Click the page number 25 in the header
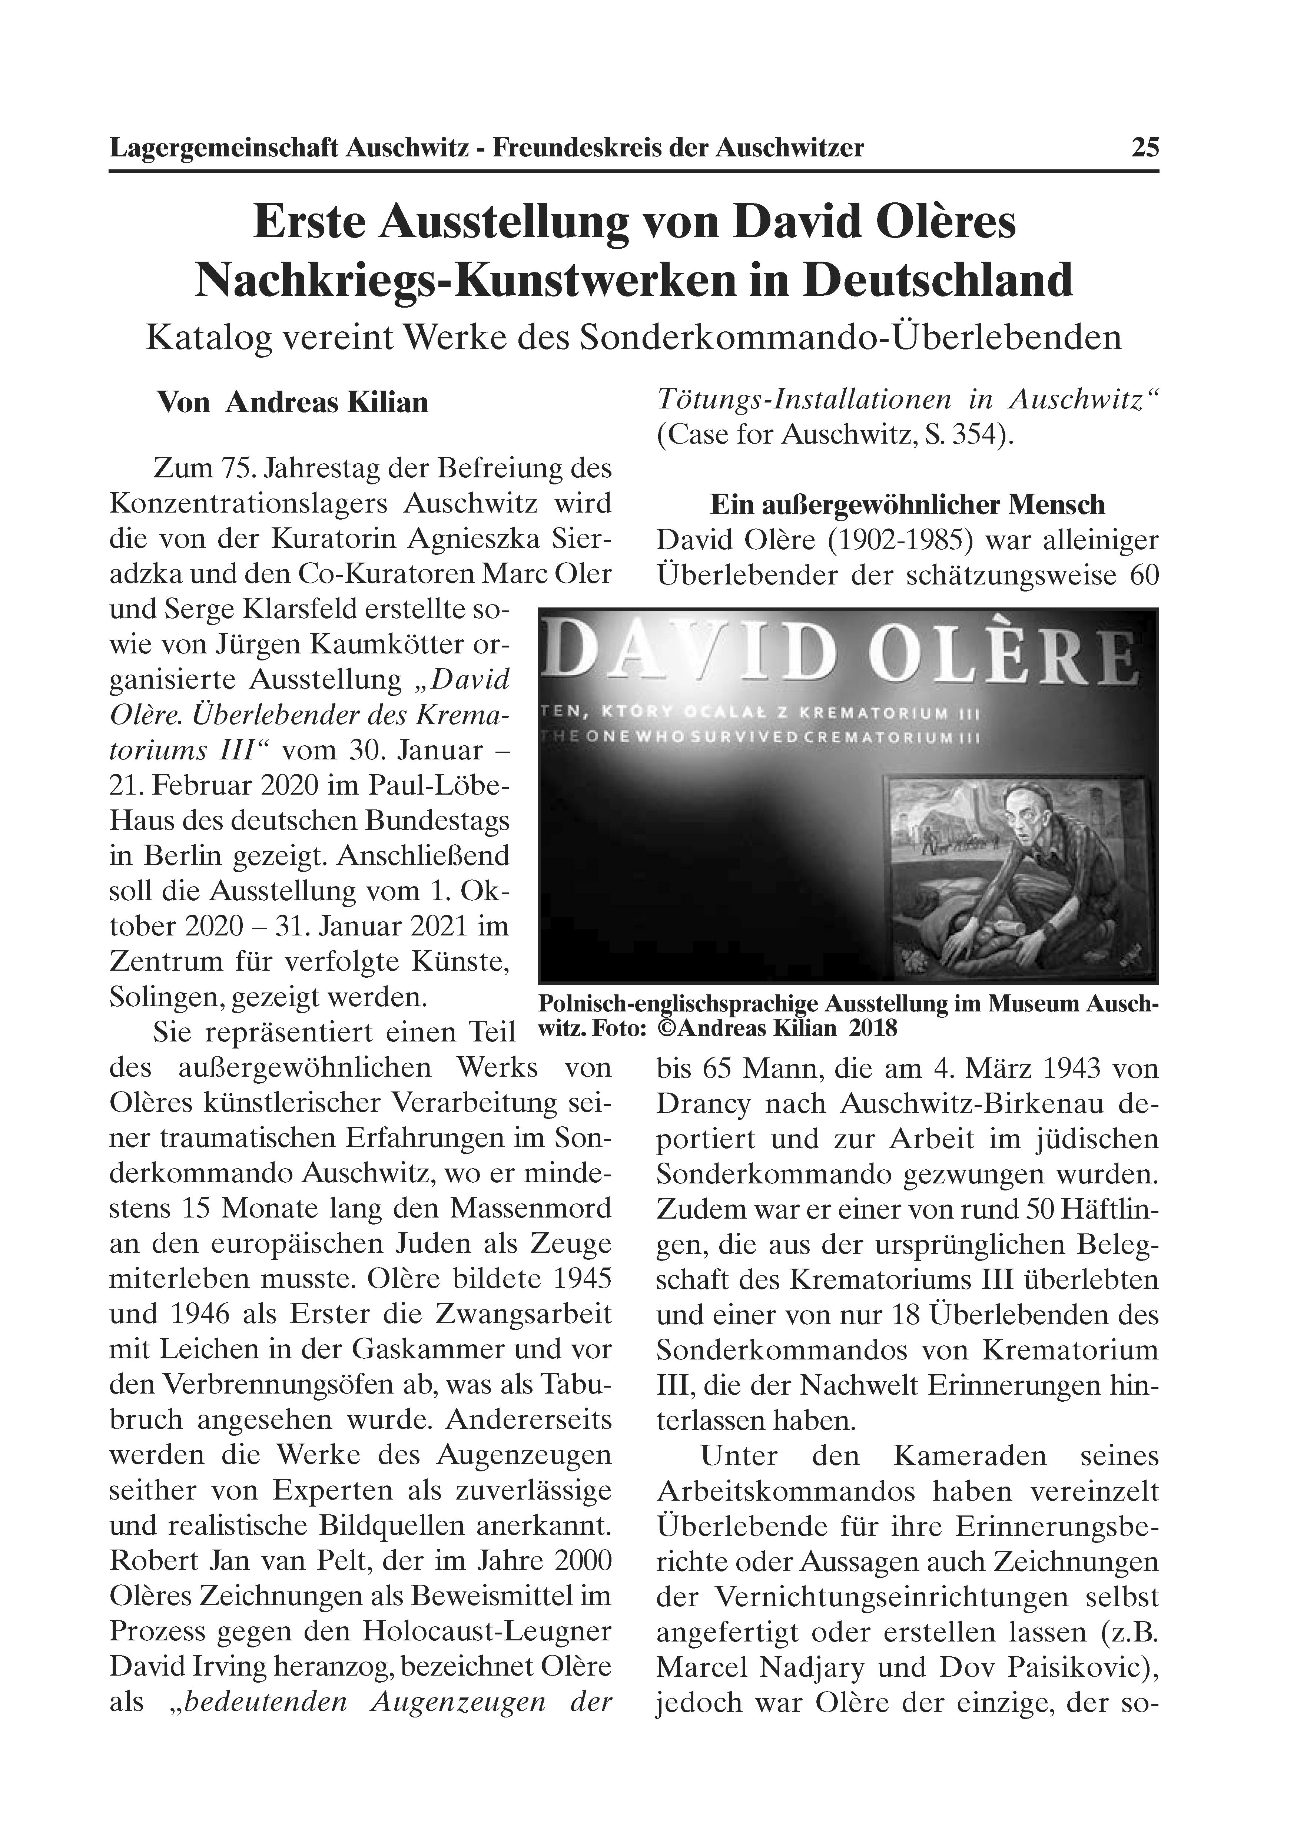[1145, 148]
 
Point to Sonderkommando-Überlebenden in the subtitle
[850, 338]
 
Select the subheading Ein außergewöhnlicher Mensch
[907, 505]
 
